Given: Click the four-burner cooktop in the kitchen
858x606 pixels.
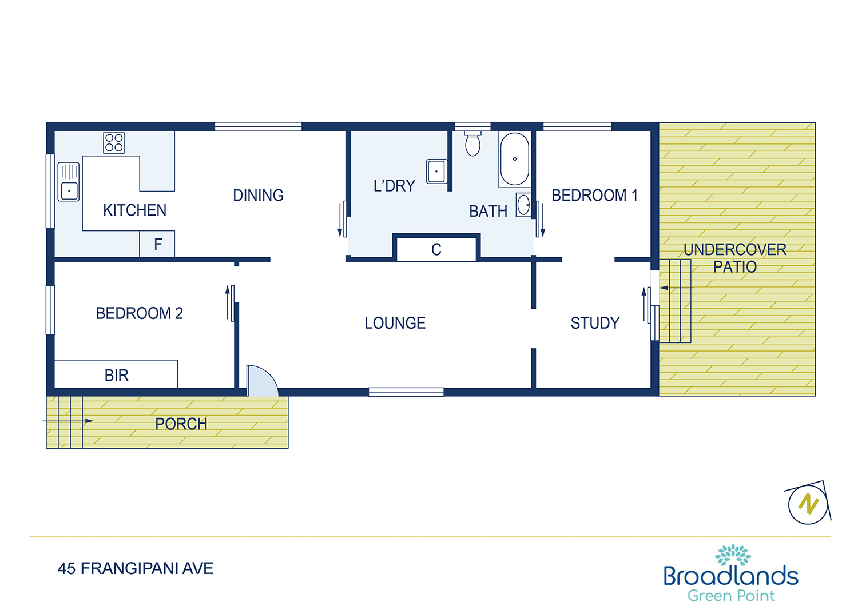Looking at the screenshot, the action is click(114, 143).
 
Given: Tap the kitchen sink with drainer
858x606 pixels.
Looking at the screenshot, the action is click(69, 181).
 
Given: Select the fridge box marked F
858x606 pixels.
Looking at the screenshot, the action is click(157, 244).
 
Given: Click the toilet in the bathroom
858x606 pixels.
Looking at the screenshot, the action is click(472, 143).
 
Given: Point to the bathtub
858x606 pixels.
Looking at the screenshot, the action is click(515, 160).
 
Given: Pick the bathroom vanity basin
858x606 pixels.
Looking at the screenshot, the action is click(523, 205).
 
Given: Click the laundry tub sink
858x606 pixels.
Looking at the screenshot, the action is click(436, 171).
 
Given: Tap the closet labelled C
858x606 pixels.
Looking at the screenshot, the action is click(436, 249).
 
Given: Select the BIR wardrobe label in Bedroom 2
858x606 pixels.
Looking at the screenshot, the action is click(117, 376).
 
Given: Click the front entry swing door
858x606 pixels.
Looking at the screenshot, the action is click(262, 381).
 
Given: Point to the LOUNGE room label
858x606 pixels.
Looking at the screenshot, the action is click(395, 323).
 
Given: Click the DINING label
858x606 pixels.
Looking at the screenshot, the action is click(258, 196).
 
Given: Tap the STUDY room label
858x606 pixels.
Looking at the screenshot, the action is click(595, 323).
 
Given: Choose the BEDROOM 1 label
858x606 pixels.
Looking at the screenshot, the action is click(594, 196).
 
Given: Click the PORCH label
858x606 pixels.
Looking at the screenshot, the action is click(181, 424).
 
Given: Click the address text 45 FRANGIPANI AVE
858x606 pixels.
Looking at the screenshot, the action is click(135, 568).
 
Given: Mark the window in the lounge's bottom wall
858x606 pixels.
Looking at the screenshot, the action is click(406, 392).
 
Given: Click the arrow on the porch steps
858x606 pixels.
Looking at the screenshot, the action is click(68, 421).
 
